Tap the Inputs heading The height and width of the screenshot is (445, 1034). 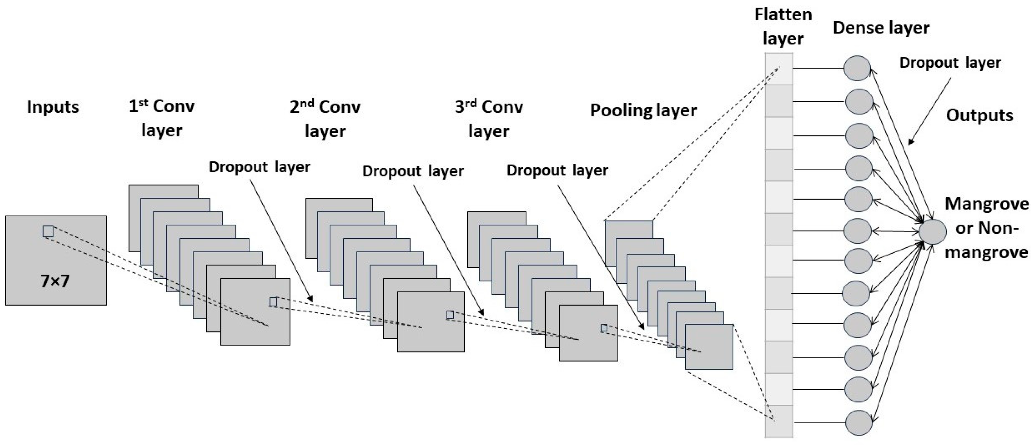(x=53, y=107)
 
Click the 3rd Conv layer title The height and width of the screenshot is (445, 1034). (x=489, y=118)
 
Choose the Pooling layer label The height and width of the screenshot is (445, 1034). (x=643, y=110)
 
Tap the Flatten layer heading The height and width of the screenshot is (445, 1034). (x=783, y=26)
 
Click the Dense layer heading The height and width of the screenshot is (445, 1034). (x=881, y=28)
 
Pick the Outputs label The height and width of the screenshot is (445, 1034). (x=980, y=115)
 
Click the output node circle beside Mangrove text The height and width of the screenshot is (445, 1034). (x=932, y=232)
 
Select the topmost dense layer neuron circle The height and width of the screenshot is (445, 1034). (x=857, y=68)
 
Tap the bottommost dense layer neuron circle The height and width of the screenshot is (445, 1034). (x=859, y=422)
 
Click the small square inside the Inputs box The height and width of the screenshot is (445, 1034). (x=48, y=232)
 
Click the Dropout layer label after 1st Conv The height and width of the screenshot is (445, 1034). (x=259, y=167)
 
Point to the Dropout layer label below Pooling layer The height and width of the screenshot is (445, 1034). (x=557, y=171)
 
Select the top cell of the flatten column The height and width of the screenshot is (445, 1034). (x=779, y=69)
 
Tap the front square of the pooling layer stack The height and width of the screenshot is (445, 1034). (x=709, y=347)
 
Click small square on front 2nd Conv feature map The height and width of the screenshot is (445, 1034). (x=450, y=315)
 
